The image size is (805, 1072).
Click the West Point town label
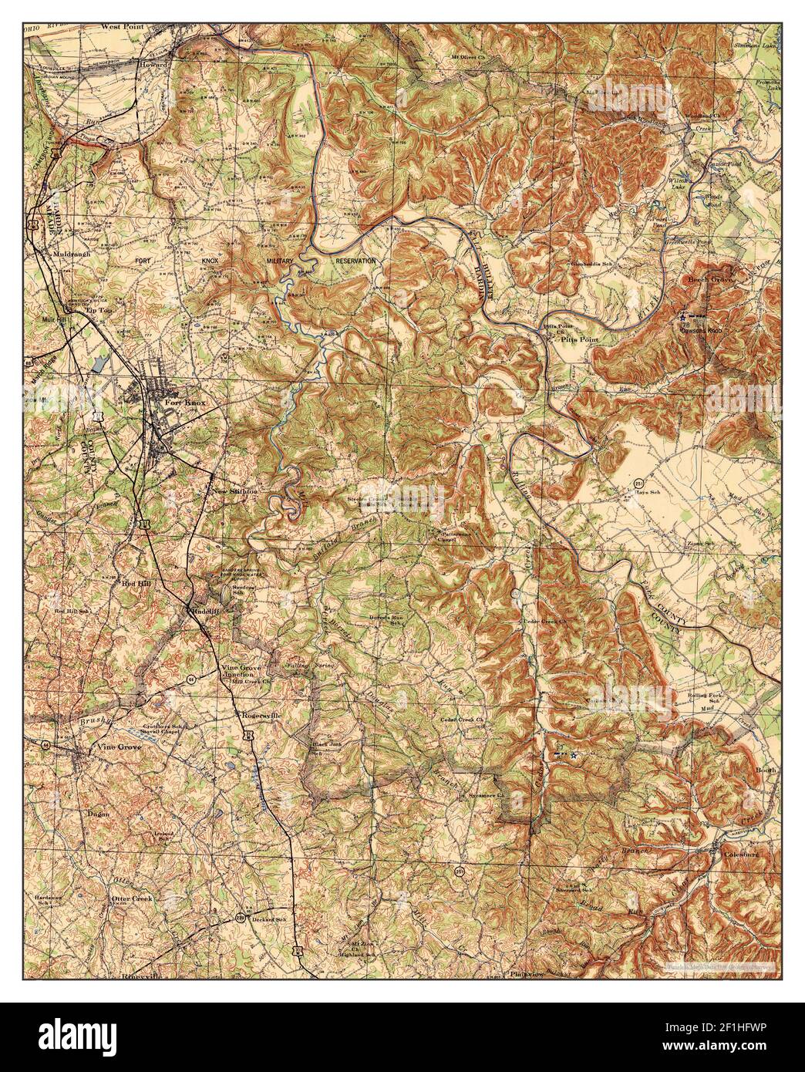[123, 25]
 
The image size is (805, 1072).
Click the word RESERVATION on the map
[355, 261]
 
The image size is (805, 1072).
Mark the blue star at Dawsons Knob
[682, 316]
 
